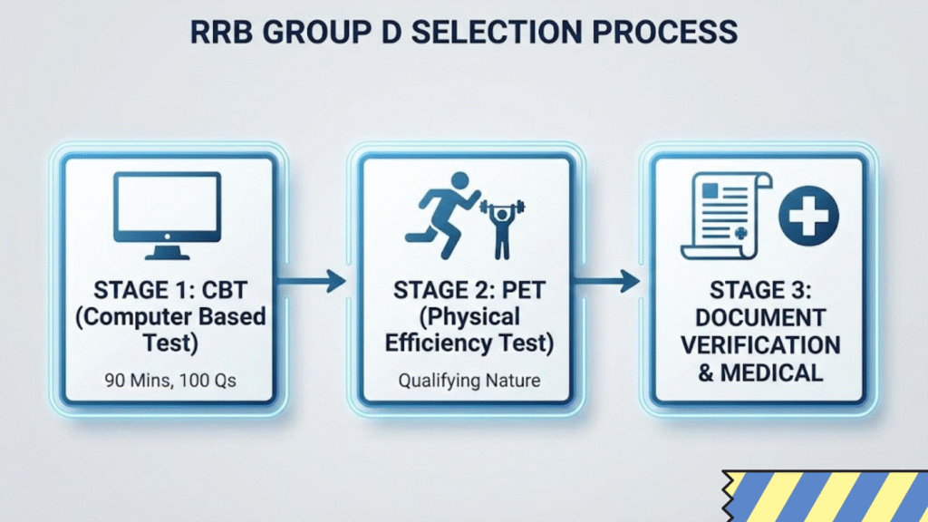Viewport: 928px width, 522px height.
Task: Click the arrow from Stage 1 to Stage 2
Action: pyautogui.click(x=311, y=281)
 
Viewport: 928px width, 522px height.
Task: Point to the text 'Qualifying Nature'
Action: pyautogui.click(x=469, y=380)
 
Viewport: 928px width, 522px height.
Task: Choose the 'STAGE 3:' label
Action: pyautogui.click(x=760, y=291)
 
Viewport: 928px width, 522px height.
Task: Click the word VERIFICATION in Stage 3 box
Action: pyautogui.click(x=760, y=345)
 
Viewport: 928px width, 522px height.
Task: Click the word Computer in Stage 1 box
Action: pyautogui.click(x=146, y=317)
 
